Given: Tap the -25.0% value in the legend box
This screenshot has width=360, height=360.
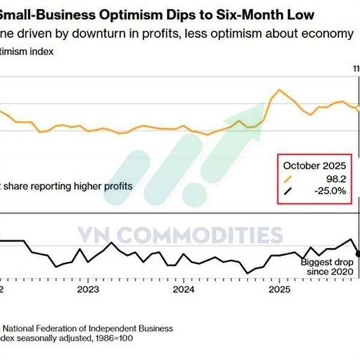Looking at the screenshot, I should pos(332,191).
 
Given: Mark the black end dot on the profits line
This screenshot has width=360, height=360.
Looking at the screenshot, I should pos(358,253).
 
